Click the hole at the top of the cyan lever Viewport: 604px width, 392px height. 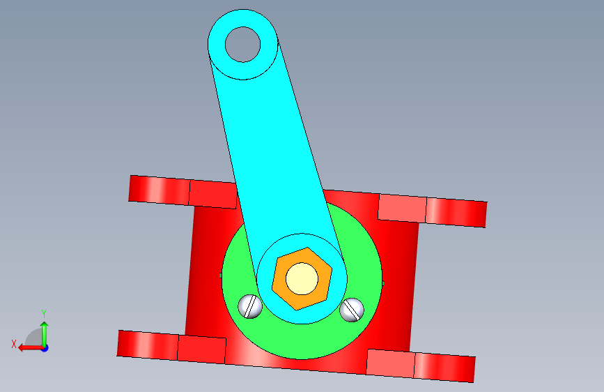click(x=242, y=45)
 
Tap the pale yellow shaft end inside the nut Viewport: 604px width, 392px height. click(x=302, y=278)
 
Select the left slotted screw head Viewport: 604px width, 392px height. click(x=250, y=307)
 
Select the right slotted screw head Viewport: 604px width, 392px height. click(x=352, y=310)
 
